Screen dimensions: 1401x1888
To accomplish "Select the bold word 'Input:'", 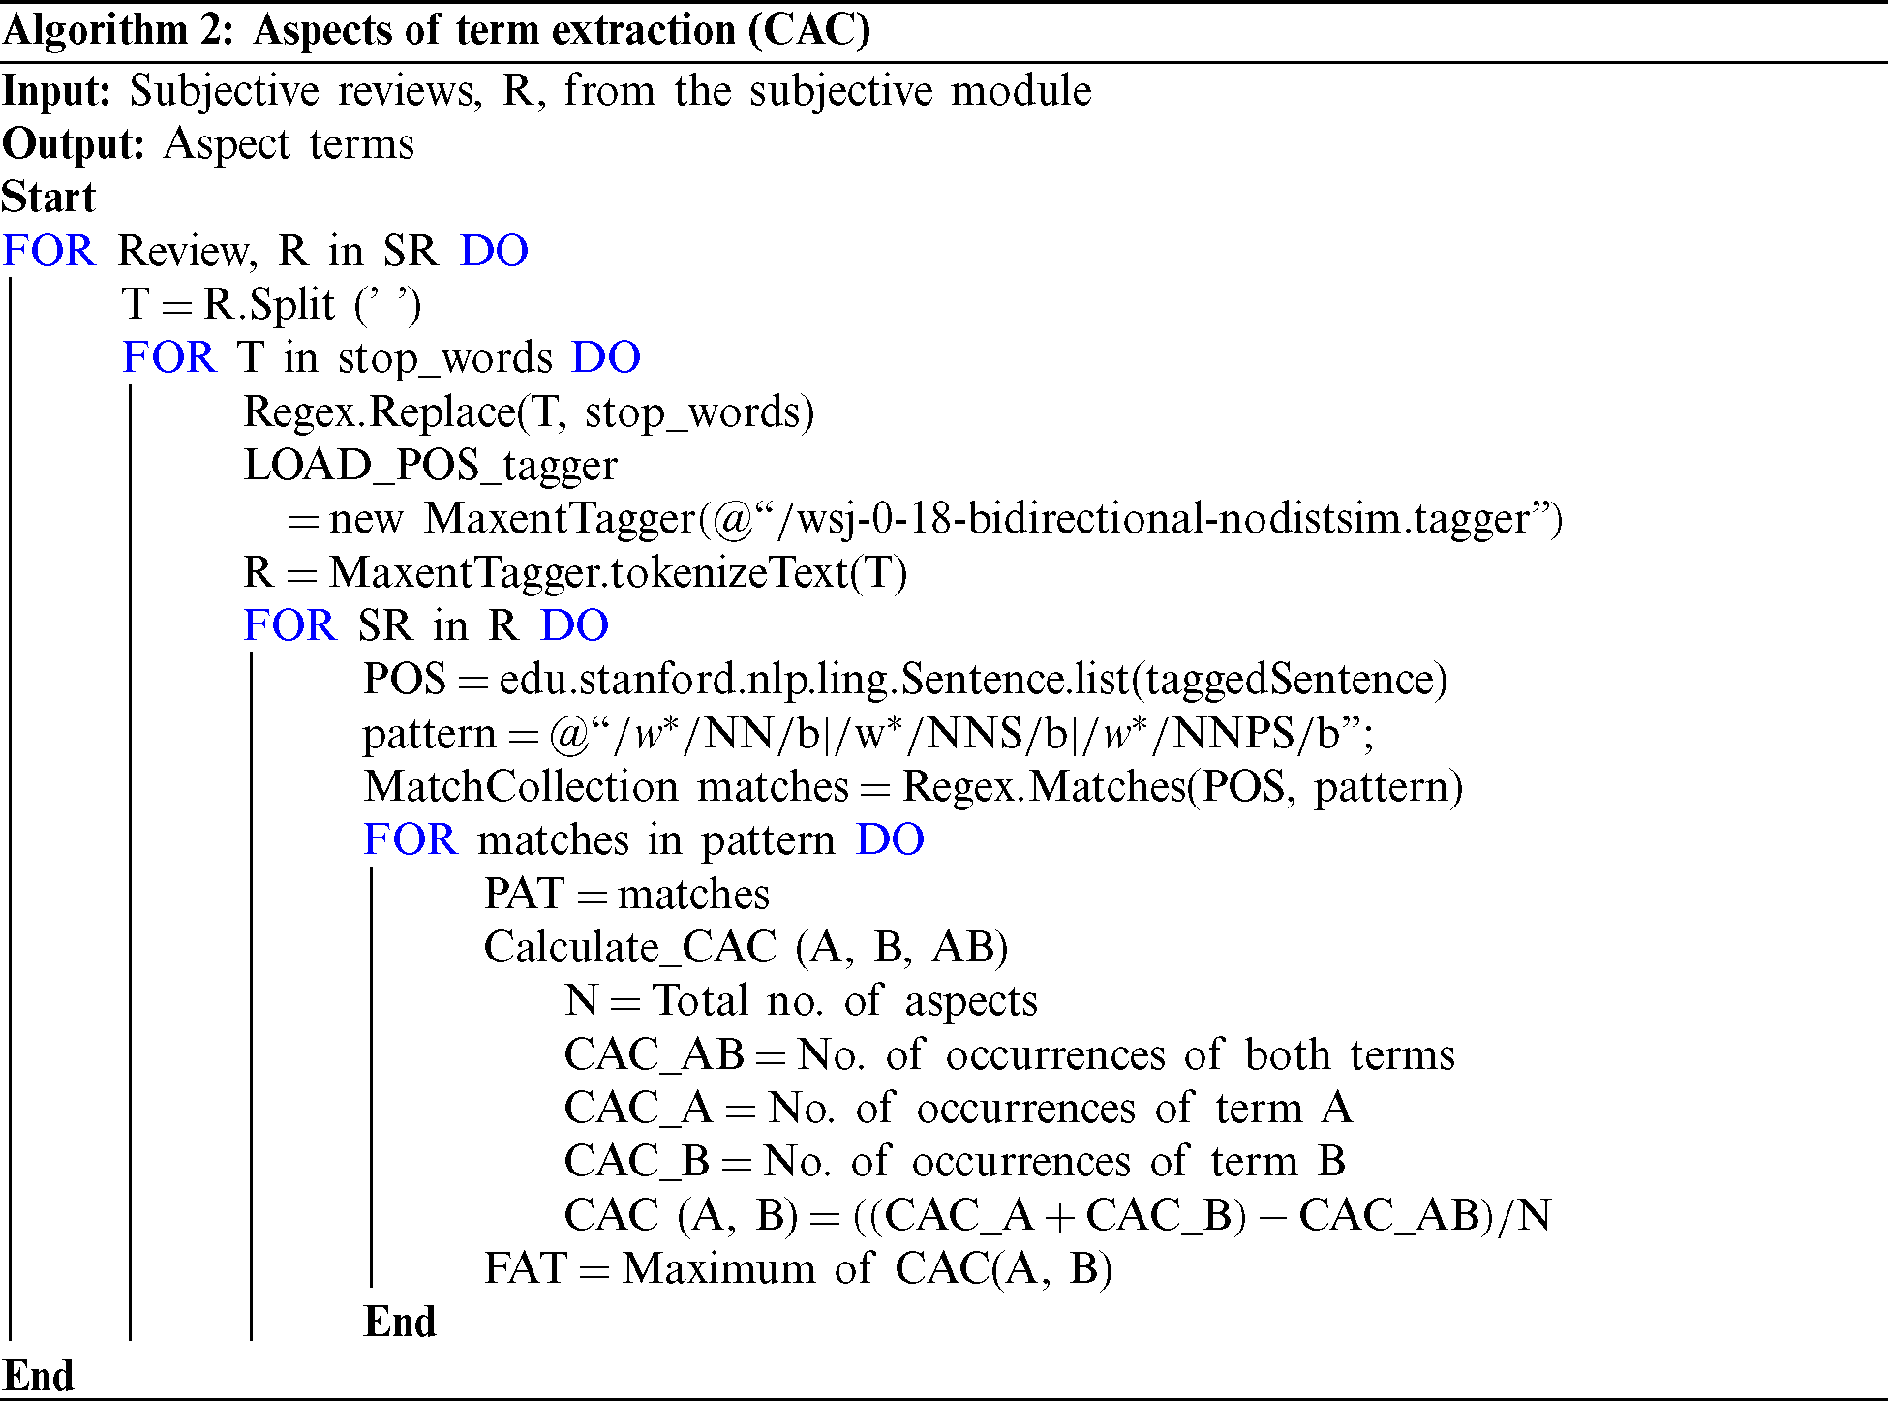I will pyautogui.click(x=57, y=91).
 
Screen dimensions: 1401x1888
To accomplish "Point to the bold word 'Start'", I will pyautogui.click(x=48, y=198).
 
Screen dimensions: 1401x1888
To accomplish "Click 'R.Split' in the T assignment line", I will pyautogui.click(x=269, y=305).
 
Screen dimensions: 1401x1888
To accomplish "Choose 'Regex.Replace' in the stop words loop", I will pyautogui.click(x=379, y=412).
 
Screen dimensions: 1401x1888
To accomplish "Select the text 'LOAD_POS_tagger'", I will pyautogui.click(x=430, y=466).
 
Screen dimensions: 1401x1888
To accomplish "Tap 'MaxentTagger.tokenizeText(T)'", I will pyautogui.click(x=618, y=572).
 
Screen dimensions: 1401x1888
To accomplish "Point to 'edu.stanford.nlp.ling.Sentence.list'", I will pyautogui.click(x=813, y=680).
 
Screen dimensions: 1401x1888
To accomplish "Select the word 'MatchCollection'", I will pyautogui.click(x=521, y=786).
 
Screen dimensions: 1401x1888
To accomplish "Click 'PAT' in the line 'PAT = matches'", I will pyautogui.click(x=524, y=894).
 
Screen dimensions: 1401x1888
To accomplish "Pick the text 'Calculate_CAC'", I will pyautogui.click(x=629, y=947).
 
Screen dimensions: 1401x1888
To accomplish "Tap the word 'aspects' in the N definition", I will pyautogui.click(x=970, y=1001).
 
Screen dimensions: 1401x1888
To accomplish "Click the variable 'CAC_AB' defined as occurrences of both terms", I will pyautogui.click(x=654, y=1054).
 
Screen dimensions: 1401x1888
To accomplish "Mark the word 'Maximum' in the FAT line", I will pyautogui.click(x=718, y=1268).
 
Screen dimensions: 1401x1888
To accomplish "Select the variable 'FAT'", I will pyautogui.click(x=524, y=1268).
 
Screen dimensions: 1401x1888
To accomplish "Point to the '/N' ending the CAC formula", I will pyautogui.click(x=1524, y=1215).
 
